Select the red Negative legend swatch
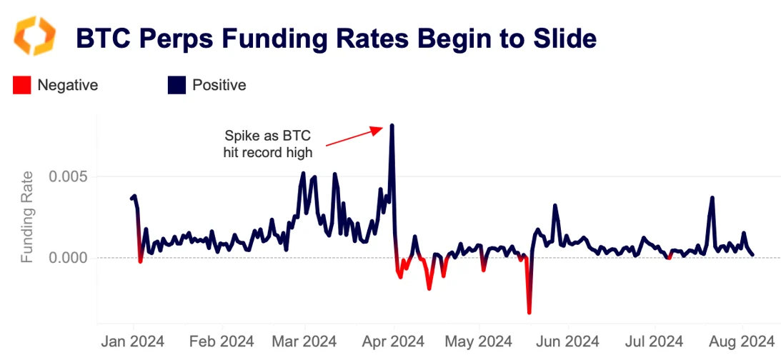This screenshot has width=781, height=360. click(x=21, y=85)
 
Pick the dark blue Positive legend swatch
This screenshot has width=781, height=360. click(x=176, y=85)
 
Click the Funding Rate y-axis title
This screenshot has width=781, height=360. click(x=27, y=216)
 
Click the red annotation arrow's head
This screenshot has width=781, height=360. click(x=382, y=129)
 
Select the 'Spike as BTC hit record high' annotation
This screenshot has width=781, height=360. click(x=268, y=143)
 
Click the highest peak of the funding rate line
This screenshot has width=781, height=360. click(x=392, y=126)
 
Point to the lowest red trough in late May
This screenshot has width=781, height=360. click(x=529, y=312)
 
